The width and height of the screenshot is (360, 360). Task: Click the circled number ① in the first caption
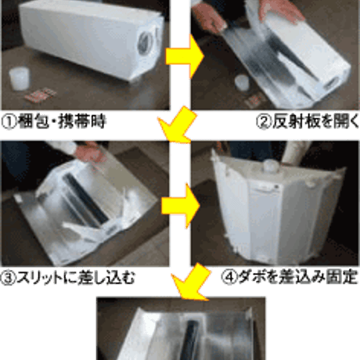click(x=9, y=122)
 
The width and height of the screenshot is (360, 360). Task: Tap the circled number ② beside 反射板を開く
click(x=264, y=122)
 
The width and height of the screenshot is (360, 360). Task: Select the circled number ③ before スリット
click(x=9, y=278)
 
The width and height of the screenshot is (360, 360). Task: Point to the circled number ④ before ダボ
click(x=229, y=278)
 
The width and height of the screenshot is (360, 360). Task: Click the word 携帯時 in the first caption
click(x=82, y=122)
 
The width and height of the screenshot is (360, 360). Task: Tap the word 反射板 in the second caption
click(x=296, y=122)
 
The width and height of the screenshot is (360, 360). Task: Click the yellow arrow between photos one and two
click(x=184, y=56)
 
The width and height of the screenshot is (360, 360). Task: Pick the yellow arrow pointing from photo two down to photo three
click(x=178, y=124)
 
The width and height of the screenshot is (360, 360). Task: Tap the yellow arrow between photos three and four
click(x=181, y=206)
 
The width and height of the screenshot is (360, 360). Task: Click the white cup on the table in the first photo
click(x=19, y=78)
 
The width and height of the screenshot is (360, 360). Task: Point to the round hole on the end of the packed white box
click(x=145, y=44)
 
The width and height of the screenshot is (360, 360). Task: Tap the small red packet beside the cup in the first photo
click(x=41, y=94)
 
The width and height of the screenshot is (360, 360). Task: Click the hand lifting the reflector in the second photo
click(x=281, y=10)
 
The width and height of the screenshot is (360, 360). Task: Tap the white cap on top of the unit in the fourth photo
click(x=271, y=166)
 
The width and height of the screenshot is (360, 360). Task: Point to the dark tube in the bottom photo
click(x=192, y=340)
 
